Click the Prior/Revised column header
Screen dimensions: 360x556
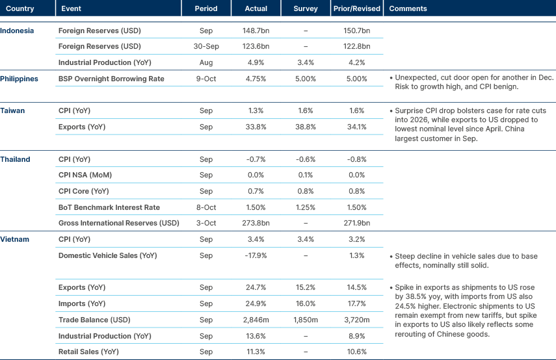[356, 9]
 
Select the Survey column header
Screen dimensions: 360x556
[306, 9]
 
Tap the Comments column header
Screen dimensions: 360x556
[407, 9]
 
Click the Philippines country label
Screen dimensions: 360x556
[20, 79]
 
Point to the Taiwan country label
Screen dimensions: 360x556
[13, 110]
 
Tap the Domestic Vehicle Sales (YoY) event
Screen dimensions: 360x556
[107, 255]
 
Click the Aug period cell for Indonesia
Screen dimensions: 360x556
[205, 62]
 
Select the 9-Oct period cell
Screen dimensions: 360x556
[205, 79]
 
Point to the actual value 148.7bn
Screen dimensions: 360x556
[256, 31]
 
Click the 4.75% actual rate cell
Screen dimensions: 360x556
[256, 79]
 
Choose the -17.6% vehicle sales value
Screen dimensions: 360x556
[256, 255]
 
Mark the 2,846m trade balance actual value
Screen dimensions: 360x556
[256, 320]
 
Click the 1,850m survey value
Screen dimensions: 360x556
[305, 320]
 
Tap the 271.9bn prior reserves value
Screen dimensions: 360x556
[356, 224]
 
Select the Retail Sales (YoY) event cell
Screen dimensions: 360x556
[89, 352]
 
